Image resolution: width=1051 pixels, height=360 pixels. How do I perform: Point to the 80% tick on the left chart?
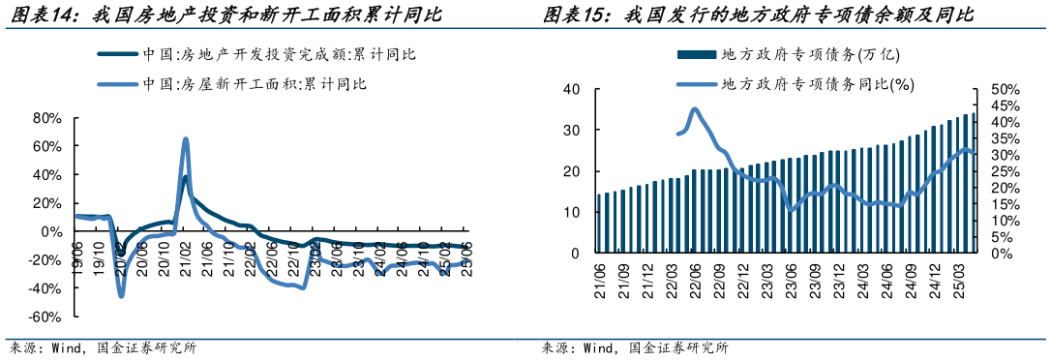click(x=47, y=118)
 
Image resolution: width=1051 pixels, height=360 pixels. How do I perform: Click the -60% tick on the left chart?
click(x=45, y=317)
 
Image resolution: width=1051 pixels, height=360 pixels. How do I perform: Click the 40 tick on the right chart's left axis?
click(x=571, y=89)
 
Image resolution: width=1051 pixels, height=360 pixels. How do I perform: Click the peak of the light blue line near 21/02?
click(x=185, y=139)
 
